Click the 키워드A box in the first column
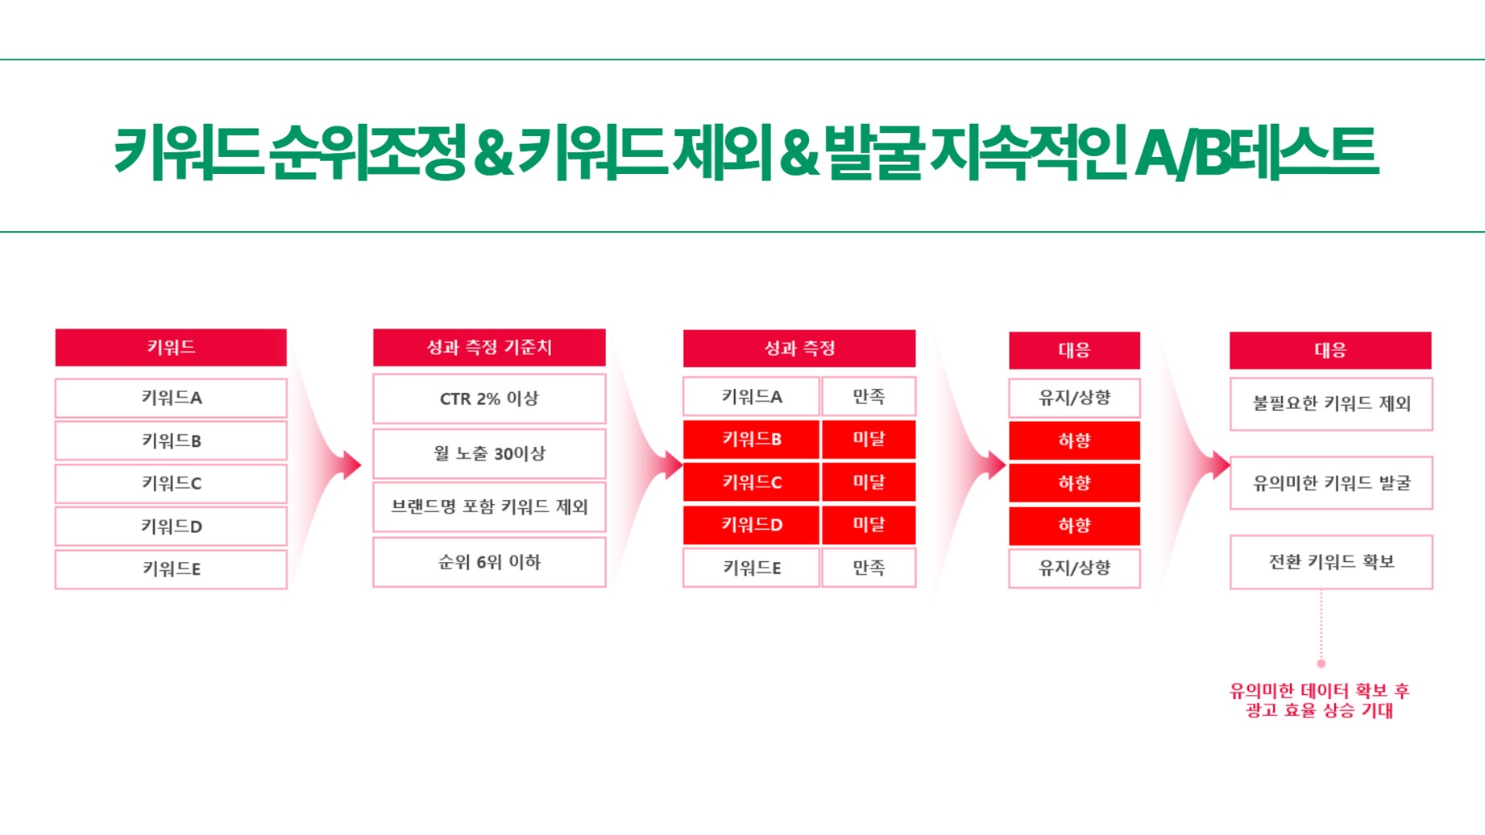click(x=171, y=398)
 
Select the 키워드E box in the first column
click(x=171, y=569)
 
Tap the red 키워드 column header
click(x=171, y=347)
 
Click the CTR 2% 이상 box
click(x=489, y=399)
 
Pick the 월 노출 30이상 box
click(x=489, y=453)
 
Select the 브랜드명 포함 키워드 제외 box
click(x=489, y=507)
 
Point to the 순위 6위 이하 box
click(x=489, y=562)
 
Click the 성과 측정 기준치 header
click(x=489, y=347)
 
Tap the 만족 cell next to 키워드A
click(x=869, y=396)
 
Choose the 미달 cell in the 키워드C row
click(x=869, y=482)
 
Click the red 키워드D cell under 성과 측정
click(x=751, y=525)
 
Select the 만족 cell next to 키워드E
click(x=869, y=568)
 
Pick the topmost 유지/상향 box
click(x=1074, y=398)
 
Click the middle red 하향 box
click(x=1074, y=483)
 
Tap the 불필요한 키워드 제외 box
click(x=1331, y=404)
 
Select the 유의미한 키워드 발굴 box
click(x=1331, y=483)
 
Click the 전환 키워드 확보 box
click(x=1331, y=562)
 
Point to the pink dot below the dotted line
click(x=1321, y=663)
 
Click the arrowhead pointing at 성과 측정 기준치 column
click(x=352, y=465)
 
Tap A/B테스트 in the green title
click(x=1256, y=151)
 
